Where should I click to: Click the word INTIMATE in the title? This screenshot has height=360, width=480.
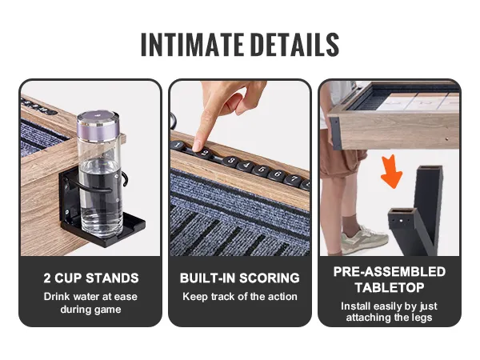click(192, 45)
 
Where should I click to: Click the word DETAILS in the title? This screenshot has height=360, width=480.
click(296, 45)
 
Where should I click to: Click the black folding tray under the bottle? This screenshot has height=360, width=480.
click(103, 229)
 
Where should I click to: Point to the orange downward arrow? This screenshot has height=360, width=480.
click(392, 171)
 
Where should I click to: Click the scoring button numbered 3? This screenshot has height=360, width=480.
click(231, 161)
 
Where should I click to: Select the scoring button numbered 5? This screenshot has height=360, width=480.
click(262, 170)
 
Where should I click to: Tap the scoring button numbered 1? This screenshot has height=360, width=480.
click(178, 145)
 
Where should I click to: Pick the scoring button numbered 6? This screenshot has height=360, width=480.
click(278, 174)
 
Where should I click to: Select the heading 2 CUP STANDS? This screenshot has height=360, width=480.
click(91, 278)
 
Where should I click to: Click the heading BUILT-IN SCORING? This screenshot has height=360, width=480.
click(240, 278)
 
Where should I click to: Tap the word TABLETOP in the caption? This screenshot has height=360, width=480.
click(390, 287)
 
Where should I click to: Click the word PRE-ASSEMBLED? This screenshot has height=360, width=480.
click(390, 272)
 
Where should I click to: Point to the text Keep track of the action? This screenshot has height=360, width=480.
click(240, 296)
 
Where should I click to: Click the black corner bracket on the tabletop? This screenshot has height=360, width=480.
click(335, 133)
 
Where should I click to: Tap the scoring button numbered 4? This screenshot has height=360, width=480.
click(246, 166)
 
